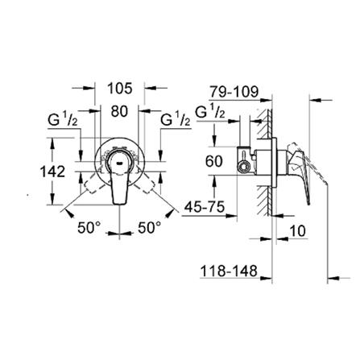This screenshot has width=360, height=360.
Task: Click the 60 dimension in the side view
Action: click(213, 161)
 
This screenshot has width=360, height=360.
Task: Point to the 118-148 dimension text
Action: click(229, 272)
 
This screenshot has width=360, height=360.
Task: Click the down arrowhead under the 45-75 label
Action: click(238, 215)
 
